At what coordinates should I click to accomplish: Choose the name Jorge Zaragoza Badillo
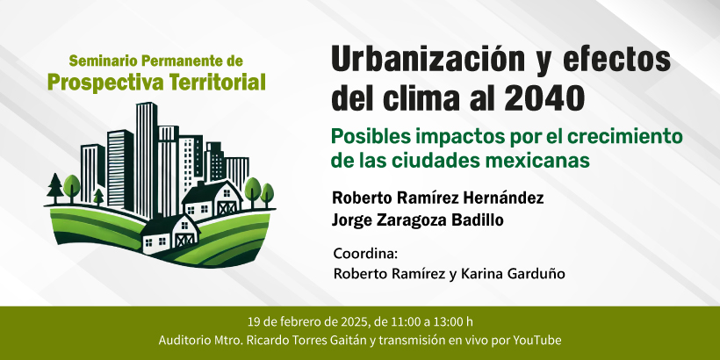click(417, 220)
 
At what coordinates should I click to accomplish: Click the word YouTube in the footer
click(537, 341)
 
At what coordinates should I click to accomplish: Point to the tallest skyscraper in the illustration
click(147, 158)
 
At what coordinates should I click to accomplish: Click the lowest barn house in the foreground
click(169, 235)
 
